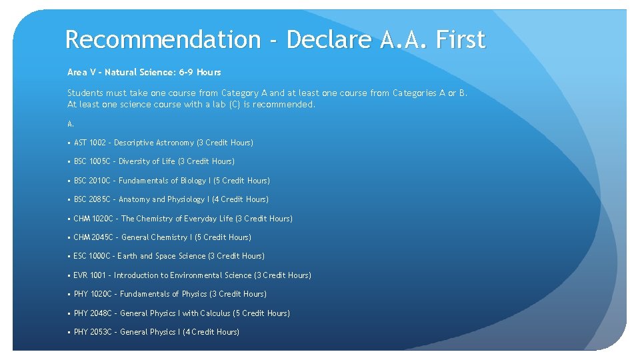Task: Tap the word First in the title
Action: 460,40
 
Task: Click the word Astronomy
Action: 175,143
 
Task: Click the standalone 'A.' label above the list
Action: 71,123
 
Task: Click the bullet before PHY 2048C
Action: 69,313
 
